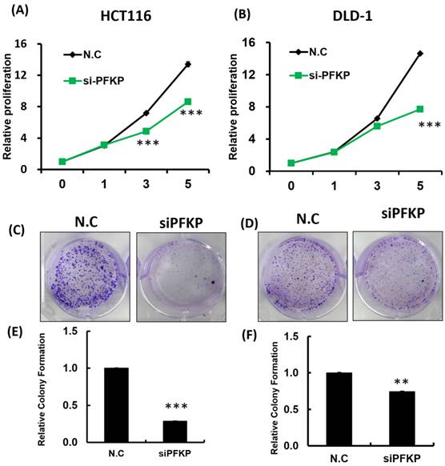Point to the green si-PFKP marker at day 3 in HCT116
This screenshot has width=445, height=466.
point(146,131)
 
